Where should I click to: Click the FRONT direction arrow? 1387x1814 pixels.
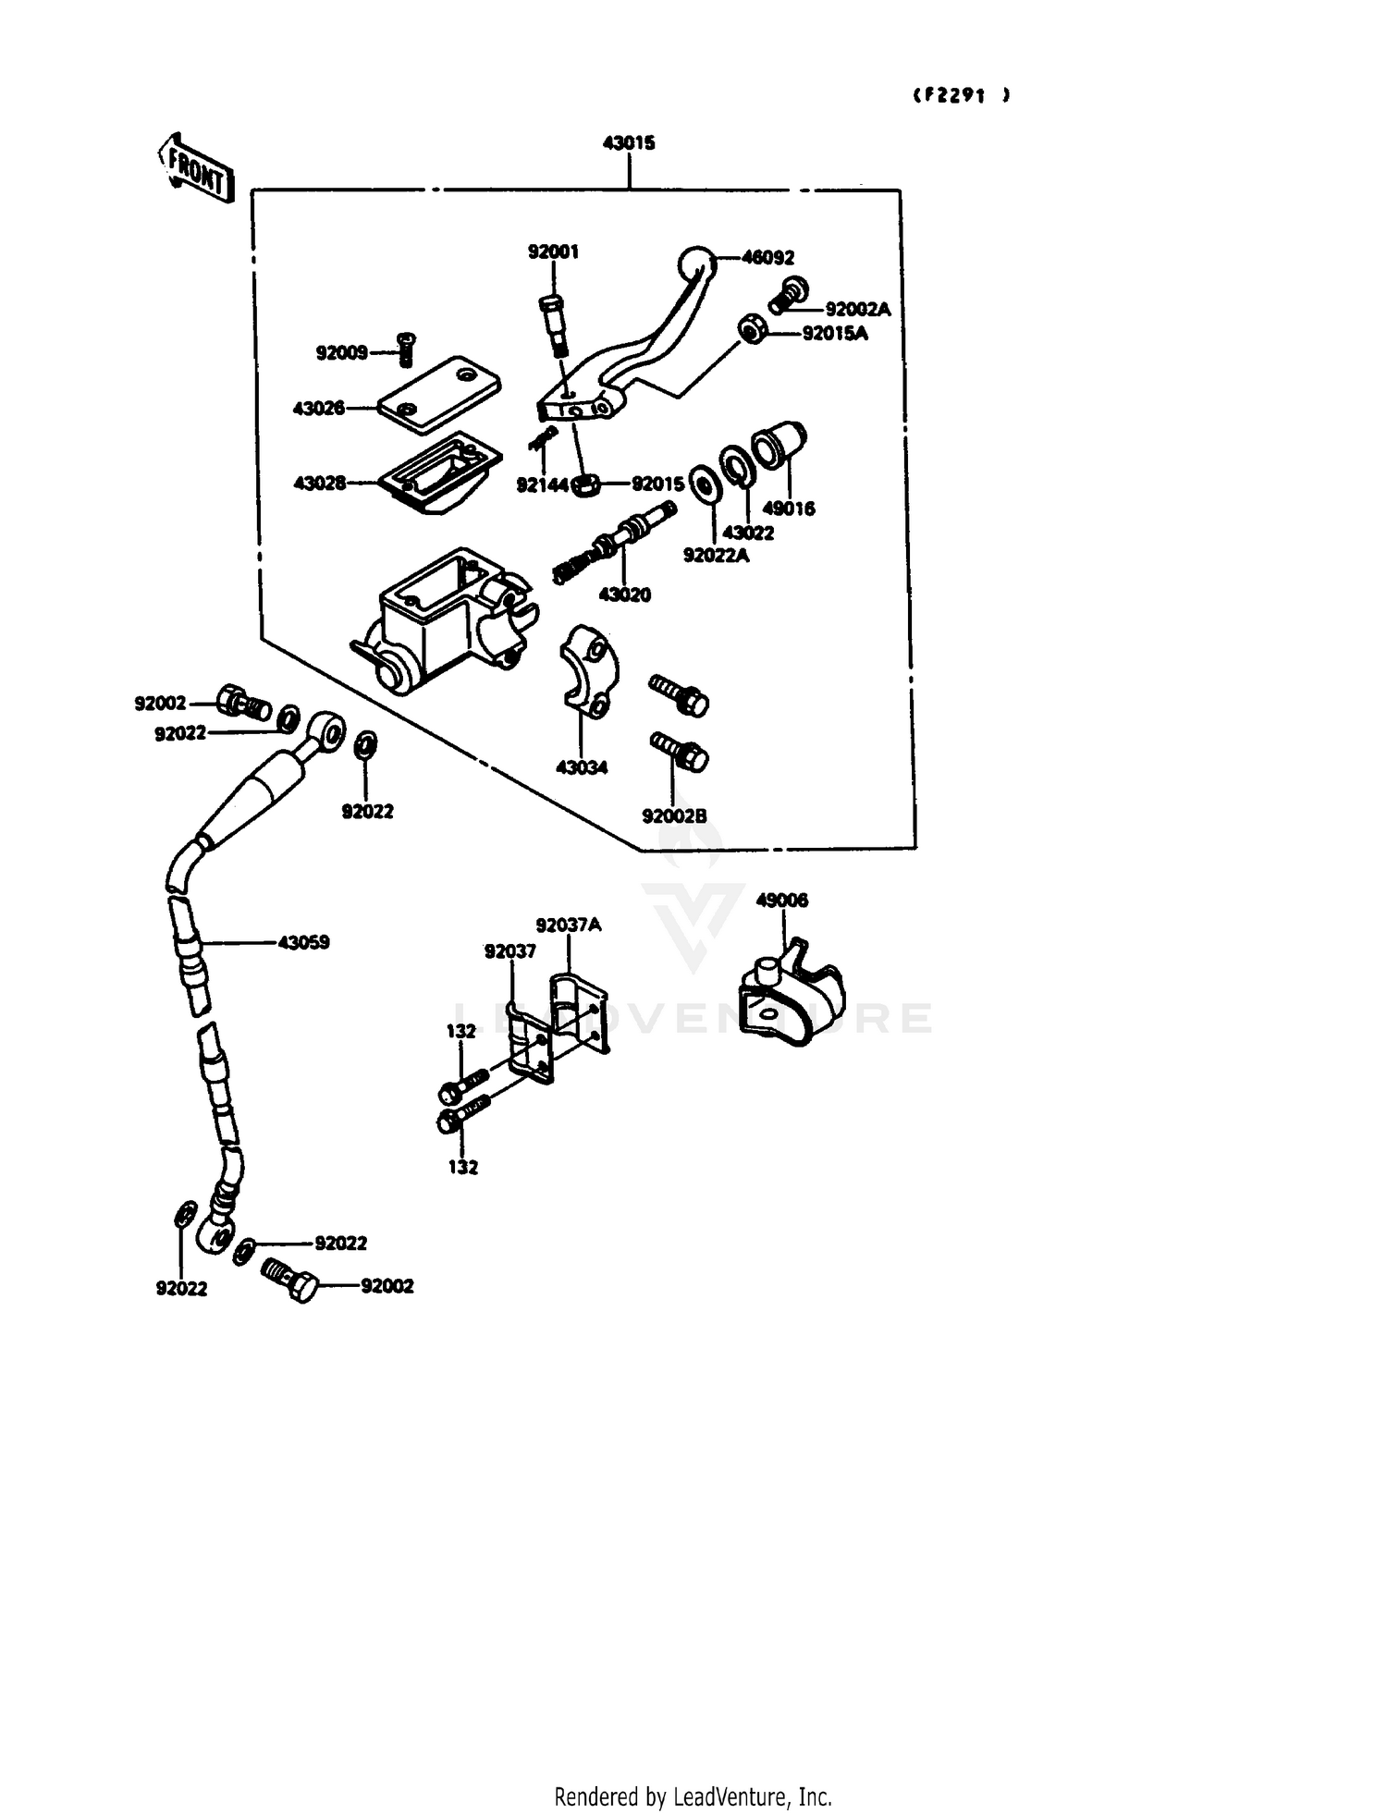pyautogui.click(x=195, y=168)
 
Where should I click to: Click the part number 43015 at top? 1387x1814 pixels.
pyautogui.click(x=629, y=143)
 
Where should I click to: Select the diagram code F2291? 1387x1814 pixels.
pyautogui.click(x=961, y=95)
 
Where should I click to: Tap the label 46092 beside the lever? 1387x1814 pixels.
pyautogui.click(x=767, y=258)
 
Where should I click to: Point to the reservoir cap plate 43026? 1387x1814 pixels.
pyautogui.click(x=440, y=395)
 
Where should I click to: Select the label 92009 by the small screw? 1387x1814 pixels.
pyautogui.click(x=341, y=353)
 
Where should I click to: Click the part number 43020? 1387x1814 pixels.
pyautogui.click(x=625, y=595)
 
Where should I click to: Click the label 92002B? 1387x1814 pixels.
pyautogui.click(x=674, y=816)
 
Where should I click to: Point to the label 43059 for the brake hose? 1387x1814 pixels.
pyautogui.click(x=303, y=943)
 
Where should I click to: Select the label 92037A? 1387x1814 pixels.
pyautogui.click(x=568, y=925)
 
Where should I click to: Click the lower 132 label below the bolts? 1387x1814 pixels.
pyautogui.click(x=462, y=1168)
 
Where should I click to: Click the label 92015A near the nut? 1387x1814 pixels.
pyautogui.click(x=835, y=334)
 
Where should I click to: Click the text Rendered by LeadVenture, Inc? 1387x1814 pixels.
pyautogui.click(x=693, y=1796)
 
